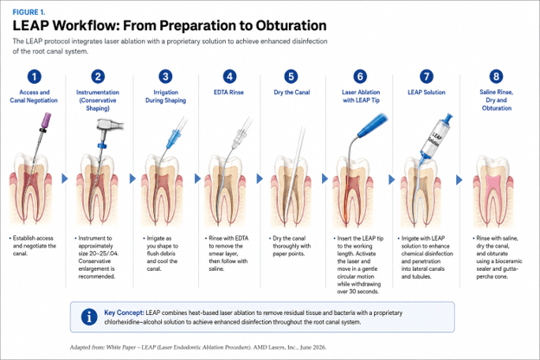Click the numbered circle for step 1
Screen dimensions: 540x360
(34, 76)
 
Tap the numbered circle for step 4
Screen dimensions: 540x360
(229, 76)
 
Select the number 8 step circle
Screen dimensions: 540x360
(496, 76)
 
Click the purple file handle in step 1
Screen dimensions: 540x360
(46, 120)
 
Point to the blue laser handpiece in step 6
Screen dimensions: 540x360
(372, 125)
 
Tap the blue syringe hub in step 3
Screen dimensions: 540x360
(174, 138)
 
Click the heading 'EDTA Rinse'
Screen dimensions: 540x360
(228, 93)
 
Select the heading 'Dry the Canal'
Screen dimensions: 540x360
(292, 93)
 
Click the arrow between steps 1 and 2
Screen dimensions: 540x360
(65, 178)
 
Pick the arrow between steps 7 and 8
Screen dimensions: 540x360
(459, 179)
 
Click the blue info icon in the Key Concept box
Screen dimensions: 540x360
(89, 317)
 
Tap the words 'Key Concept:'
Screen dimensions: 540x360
(124, 312)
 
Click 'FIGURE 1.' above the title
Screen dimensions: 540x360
(29, 12)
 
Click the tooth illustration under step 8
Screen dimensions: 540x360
(493, 191)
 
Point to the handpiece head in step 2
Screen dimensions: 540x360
(110, 125)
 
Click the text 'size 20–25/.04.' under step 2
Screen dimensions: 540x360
(98, 254)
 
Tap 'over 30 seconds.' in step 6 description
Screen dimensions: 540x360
(357, 292)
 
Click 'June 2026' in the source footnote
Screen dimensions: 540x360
(313, 347)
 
